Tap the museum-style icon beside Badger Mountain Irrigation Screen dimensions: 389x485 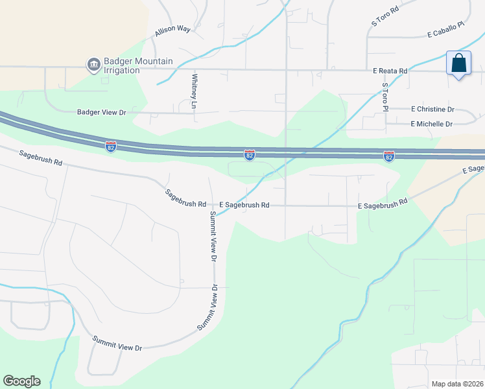93,64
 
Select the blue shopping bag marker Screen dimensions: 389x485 458,64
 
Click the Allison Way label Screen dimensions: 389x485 172,30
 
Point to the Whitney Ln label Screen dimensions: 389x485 194,90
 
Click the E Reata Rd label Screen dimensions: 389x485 390,71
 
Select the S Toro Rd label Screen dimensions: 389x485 383,18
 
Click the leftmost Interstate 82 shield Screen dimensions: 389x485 111,146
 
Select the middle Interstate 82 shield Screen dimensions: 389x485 250,155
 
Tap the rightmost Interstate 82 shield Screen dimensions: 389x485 388,156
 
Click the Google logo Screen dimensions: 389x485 21,381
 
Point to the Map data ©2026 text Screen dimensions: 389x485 456,384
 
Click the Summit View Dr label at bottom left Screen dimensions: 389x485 117,344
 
